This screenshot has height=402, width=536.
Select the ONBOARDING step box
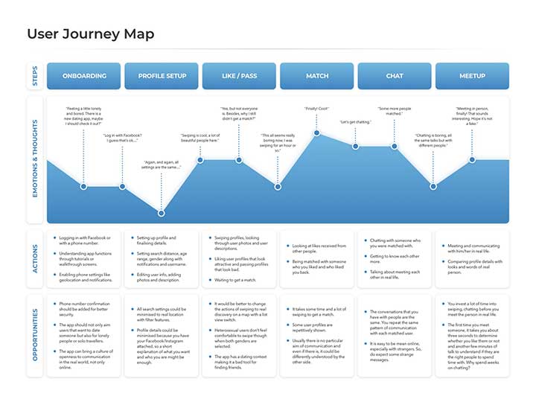[x=83, y=76]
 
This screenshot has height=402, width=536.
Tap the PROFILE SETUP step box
[x=162, y=76]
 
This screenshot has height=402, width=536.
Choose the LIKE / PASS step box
[x=239, y=76]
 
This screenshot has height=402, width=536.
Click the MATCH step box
[x=317, y=76]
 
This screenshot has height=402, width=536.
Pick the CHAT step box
[x=395, y=76]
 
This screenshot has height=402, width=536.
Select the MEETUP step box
[x=472, y=76]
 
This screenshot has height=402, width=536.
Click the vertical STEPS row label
[x=34, y=76]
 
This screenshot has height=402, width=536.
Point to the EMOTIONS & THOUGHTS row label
[x=34, y=159]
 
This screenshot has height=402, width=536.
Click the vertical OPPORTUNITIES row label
[x=34, y=335]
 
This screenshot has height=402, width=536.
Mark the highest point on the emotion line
[x=317, y=133]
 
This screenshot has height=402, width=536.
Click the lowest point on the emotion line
[x=162, y=213]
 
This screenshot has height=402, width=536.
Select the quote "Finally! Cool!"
[x=317, y=109]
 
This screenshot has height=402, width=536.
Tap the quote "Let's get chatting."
[x=355, y=121]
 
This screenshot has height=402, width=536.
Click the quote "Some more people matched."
[x=395, y=112]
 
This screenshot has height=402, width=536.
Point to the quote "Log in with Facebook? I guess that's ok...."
[x=122, y=138]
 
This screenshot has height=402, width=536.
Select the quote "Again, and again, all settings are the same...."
[x=162, y=166]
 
